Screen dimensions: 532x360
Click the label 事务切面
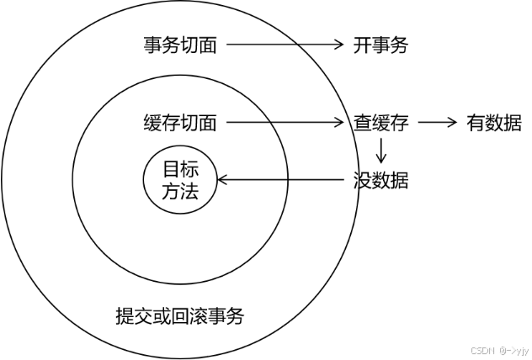[x=180, y=45]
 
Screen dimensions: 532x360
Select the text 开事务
[x=380, y=45]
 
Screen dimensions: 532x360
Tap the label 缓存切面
[x=180, y=123]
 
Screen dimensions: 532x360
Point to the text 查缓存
[x=380, y=123]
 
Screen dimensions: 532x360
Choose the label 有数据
[x=494, y=123]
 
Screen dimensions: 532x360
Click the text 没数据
[x=380, y=179]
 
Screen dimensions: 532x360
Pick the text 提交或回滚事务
[x=180, y=317]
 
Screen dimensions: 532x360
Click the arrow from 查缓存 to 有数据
[x=436, y=123]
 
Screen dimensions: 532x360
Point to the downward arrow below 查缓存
[x=381, y=150]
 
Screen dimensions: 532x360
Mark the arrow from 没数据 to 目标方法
[x=282, y=179]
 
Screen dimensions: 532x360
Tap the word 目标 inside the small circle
[x=179, y=167]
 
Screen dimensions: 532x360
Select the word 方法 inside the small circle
[x=179, y=190]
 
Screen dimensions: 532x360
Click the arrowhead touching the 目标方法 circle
[x=222, y=179]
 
